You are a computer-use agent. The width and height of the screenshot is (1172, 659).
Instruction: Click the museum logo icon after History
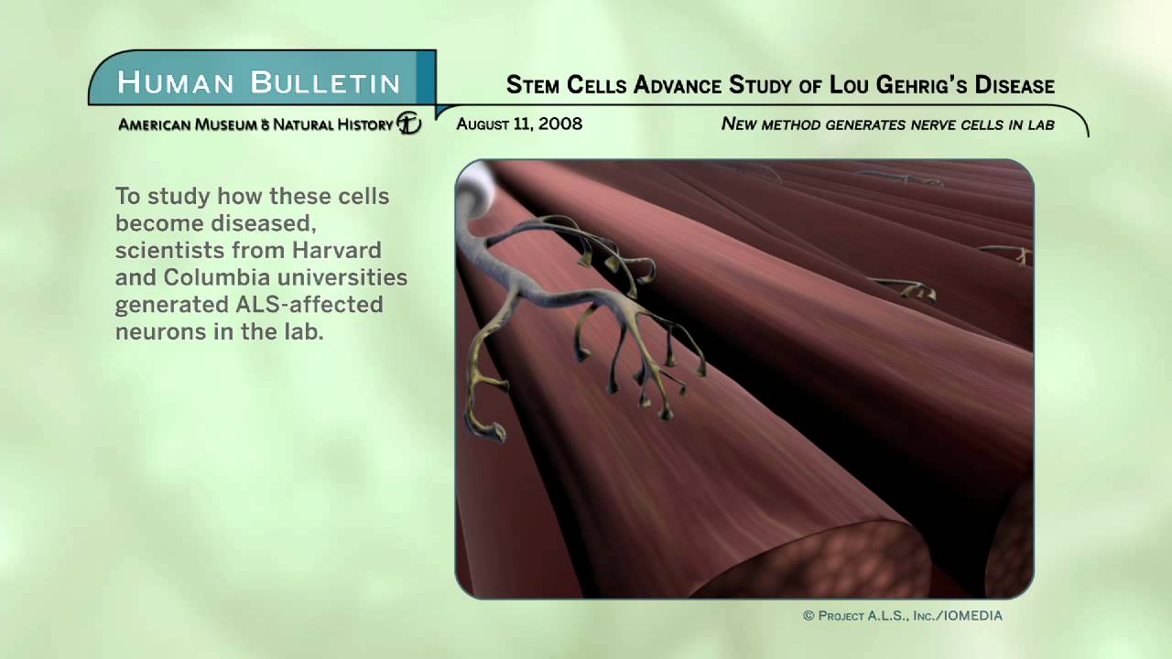[409, 124]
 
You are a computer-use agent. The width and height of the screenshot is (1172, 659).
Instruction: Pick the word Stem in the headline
[533, 86]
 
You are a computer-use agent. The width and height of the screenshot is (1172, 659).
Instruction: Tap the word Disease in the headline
[1015, 86]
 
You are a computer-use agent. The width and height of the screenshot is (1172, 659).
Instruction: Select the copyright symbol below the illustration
[808, 616]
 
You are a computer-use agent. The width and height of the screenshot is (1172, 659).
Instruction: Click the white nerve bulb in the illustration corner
[475, 187]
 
